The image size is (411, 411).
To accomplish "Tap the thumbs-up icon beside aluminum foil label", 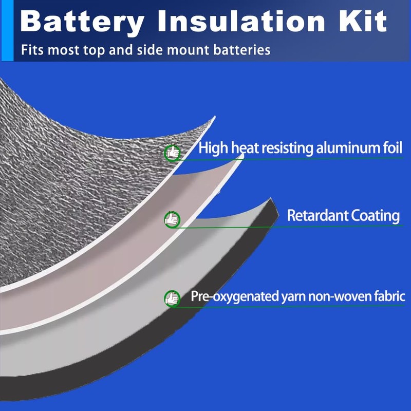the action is pos(172,153).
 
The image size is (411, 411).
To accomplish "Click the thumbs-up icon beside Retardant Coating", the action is pos(172,219).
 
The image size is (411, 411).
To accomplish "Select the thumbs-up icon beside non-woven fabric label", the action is pos(172,298).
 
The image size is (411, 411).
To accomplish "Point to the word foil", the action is pos(390,148).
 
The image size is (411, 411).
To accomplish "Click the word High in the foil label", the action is pos(212,149).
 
